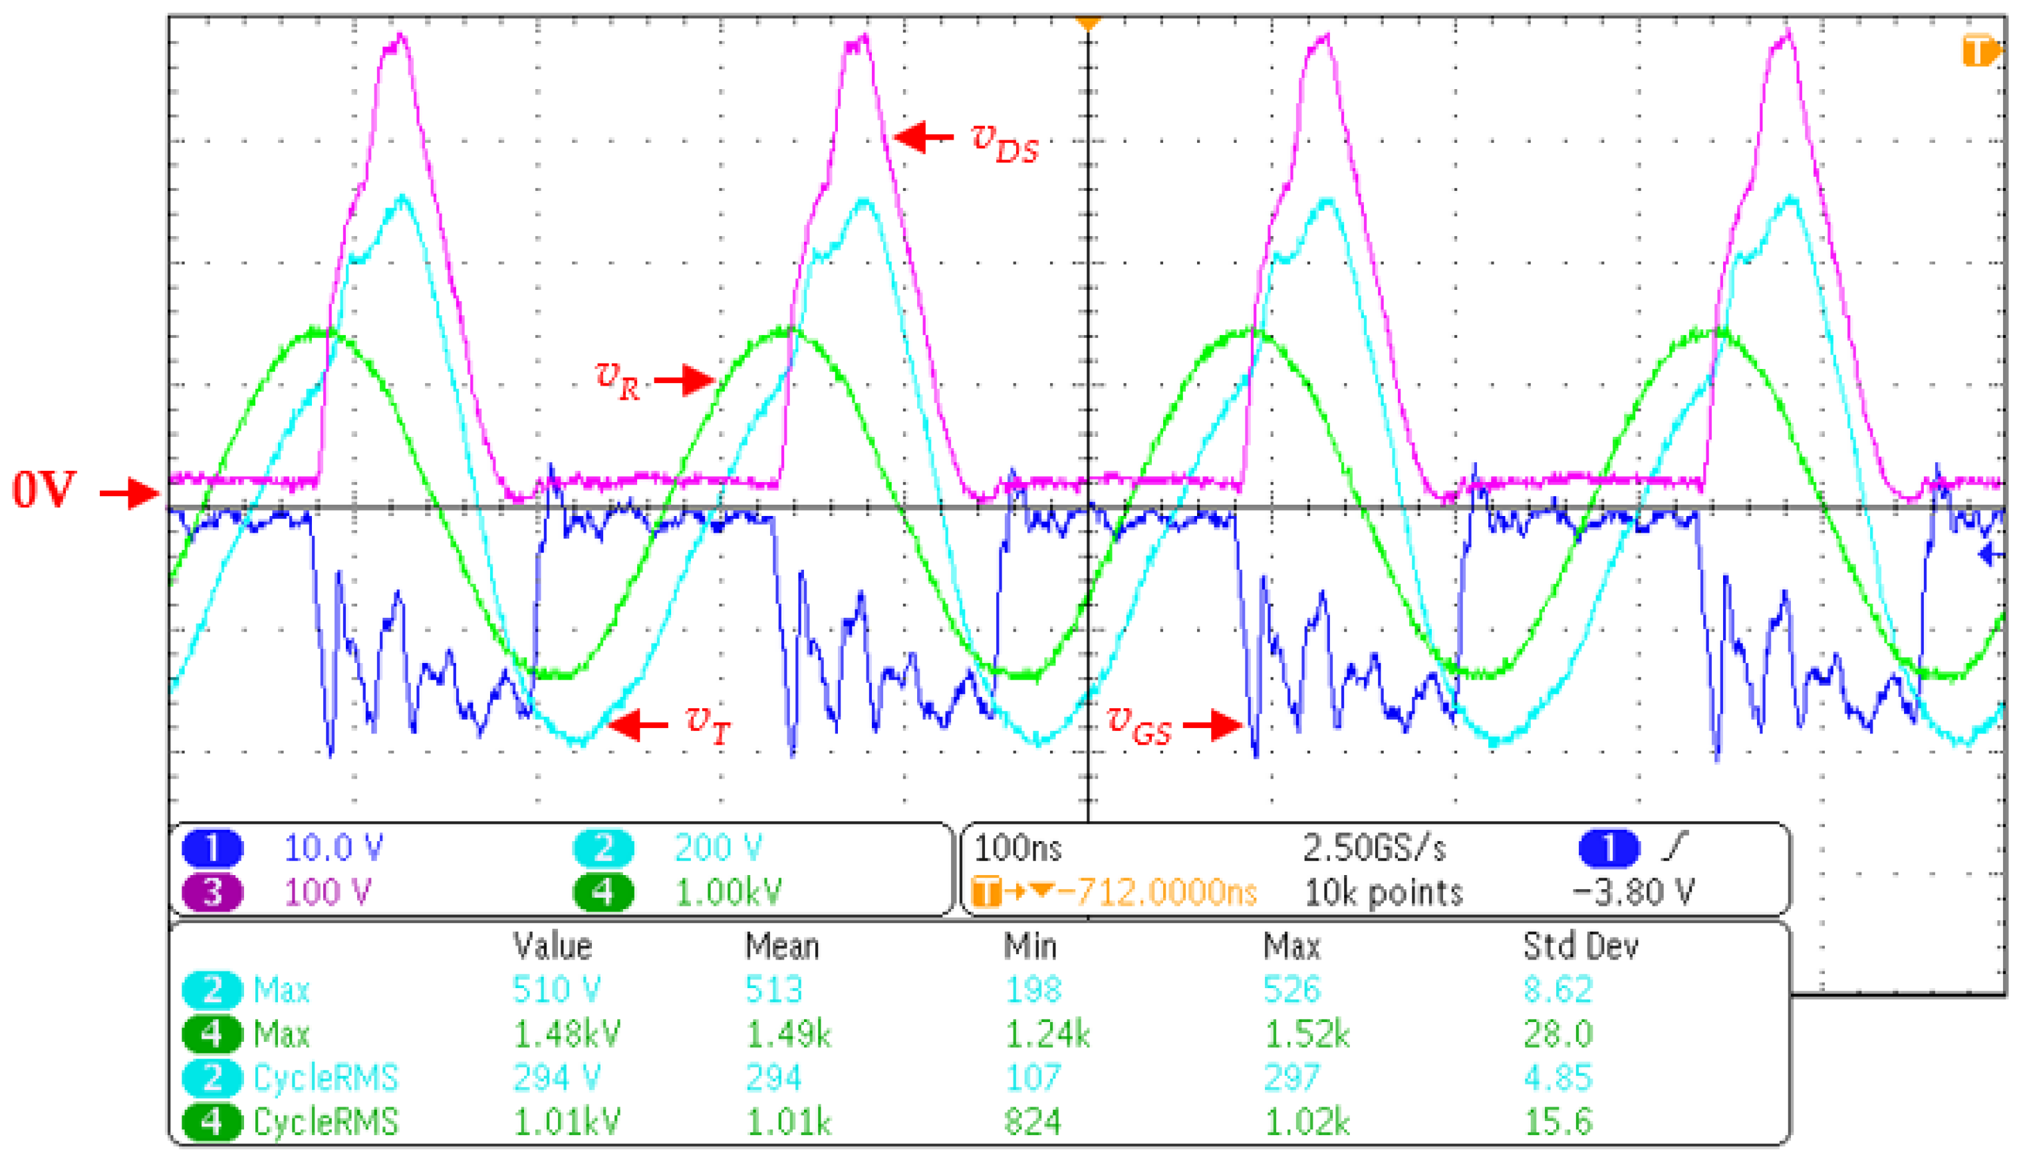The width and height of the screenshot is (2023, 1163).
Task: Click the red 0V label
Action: pos(44,489)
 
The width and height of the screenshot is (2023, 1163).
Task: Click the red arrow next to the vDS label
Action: pos(923,138)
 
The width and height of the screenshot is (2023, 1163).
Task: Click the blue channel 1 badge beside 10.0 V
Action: pos(211,848)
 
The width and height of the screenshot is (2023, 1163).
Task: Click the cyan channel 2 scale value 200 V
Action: pos(718,848)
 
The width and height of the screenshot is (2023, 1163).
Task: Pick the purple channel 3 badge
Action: pos(211,892)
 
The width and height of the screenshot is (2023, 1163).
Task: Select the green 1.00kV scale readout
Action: pos(728,892)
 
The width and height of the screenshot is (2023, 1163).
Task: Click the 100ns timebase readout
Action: pos(1018,848)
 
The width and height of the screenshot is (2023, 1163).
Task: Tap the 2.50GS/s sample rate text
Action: pos(1375,848)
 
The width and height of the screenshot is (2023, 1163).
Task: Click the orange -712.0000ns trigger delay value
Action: pos(1156,892)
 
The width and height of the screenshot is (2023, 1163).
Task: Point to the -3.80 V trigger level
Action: pos(1633,892)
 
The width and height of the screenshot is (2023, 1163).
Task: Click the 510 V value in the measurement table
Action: pos(556,991)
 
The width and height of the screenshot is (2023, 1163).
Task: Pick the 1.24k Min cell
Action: pos(1047,1035)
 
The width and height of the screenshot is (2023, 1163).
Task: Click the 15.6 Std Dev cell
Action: pos(1558,1122)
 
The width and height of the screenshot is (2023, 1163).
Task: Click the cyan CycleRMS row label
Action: pos(325,1079)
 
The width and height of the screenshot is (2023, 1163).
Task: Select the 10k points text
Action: pos(1383,892)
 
